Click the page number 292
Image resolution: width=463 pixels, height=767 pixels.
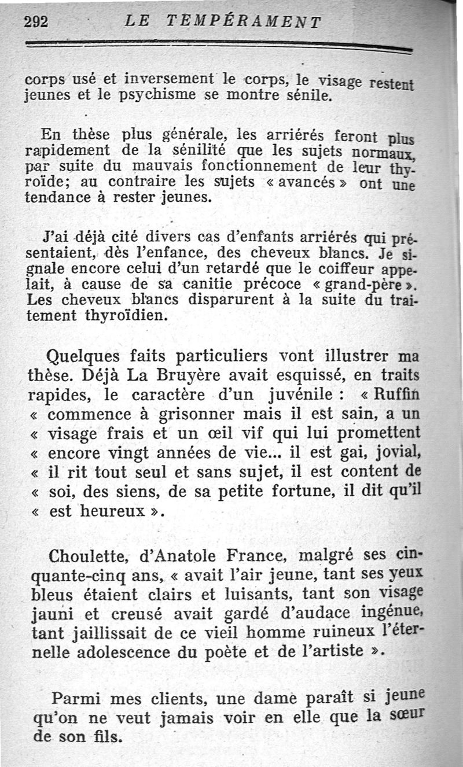36,22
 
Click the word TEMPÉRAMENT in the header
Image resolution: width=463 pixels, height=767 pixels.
243,22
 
